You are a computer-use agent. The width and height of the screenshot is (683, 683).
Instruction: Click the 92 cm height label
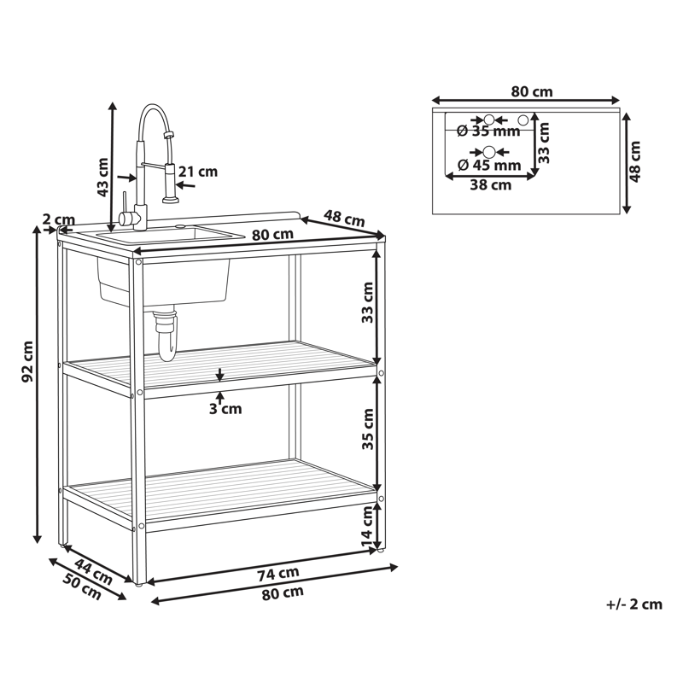click(27, 361)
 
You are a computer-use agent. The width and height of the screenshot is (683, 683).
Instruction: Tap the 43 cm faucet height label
click(102, 177)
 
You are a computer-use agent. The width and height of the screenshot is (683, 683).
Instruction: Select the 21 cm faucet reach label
click(198, 172)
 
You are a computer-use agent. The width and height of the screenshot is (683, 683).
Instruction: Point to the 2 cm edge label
click(59, 219)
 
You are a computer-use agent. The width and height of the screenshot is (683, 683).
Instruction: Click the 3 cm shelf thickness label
click(225, 409)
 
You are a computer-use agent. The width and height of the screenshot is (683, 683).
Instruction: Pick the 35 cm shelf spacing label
click(368, 429)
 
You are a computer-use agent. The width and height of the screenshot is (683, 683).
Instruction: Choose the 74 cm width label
click(278, 574)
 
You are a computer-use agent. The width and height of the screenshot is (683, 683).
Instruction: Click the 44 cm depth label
click(93, 571)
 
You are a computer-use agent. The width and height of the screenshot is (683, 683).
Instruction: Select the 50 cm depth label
click(82, 587)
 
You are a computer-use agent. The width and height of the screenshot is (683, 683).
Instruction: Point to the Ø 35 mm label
click(488, 131)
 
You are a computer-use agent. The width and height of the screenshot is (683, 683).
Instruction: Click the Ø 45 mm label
click(489, 165)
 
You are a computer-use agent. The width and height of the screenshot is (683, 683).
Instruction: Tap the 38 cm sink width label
click(490, 184)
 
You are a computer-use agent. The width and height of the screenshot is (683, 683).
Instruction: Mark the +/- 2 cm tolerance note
click(634, 604)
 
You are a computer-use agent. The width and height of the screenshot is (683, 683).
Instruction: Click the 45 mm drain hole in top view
click(489, 152)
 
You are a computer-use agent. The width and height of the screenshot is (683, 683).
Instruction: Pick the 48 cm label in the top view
click(635, 161)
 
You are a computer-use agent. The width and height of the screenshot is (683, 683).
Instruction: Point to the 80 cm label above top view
click(532, 92)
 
